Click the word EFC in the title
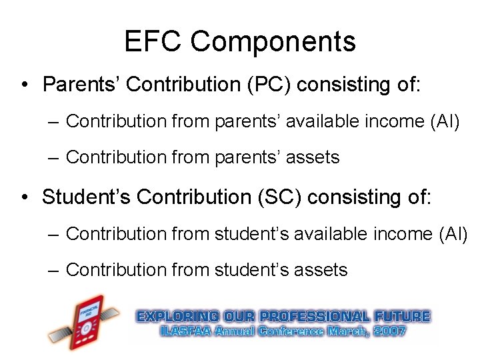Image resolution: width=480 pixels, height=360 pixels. pos(153,42)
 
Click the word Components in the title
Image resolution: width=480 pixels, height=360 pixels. pos(273,43)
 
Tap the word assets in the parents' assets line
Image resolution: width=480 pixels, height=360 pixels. pos(311,157)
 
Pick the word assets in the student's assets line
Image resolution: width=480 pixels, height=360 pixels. pos(319,270)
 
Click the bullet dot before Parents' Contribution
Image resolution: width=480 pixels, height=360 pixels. pos(23,85)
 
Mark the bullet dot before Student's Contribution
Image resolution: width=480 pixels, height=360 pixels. pos(23,198)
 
